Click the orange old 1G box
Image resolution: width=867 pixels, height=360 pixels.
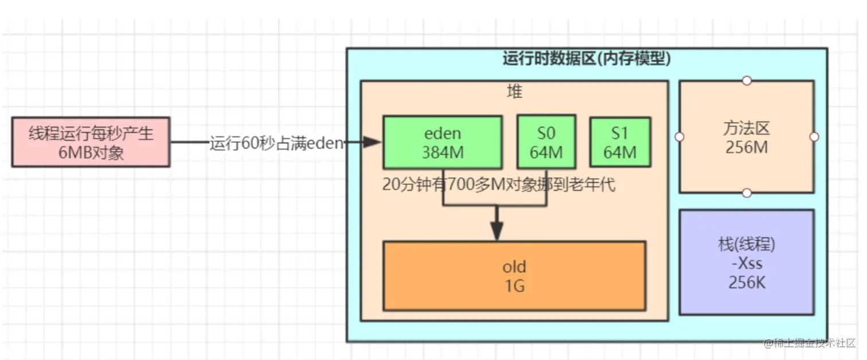514,276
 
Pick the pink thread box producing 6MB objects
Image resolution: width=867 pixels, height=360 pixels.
91,143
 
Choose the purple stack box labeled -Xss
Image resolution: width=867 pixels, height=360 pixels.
747,263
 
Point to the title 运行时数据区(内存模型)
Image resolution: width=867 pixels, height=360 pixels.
587,58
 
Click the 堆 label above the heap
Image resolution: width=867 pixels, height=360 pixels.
514,91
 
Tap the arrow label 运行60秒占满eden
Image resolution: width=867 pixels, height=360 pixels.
276,143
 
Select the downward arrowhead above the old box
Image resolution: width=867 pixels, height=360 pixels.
497,231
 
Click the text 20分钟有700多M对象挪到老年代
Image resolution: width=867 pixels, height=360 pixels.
498,185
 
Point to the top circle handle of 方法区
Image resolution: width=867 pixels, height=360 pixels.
747,81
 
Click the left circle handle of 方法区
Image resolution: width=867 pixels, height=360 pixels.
679,137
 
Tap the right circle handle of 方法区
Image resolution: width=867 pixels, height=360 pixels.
814,137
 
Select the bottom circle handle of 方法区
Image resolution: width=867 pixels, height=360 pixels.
747,193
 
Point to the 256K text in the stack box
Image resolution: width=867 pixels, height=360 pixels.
747,283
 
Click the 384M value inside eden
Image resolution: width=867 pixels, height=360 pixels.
442,152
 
